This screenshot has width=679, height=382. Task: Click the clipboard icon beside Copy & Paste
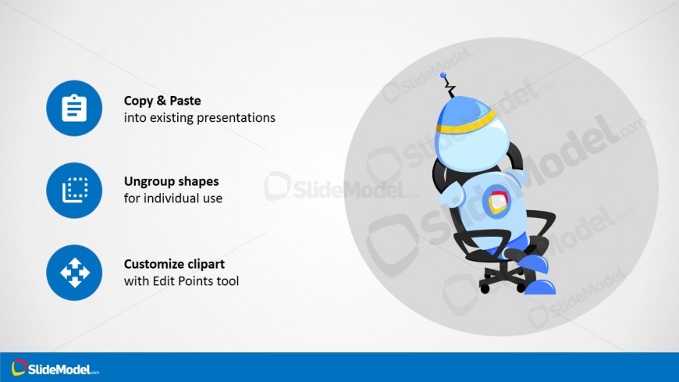pos(74,108)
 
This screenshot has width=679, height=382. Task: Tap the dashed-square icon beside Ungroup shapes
pos(75,190)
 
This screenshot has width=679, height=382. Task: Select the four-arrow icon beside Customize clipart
pos(74,273)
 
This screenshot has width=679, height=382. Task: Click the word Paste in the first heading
pos(185,101)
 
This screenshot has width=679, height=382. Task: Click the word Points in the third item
pos(196,281)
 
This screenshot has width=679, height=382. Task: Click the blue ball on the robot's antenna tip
pos(443,76)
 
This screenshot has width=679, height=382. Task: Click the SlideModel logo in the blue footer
pos(55,368)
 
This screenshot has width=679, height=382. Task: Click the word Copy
pos(138,101)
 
